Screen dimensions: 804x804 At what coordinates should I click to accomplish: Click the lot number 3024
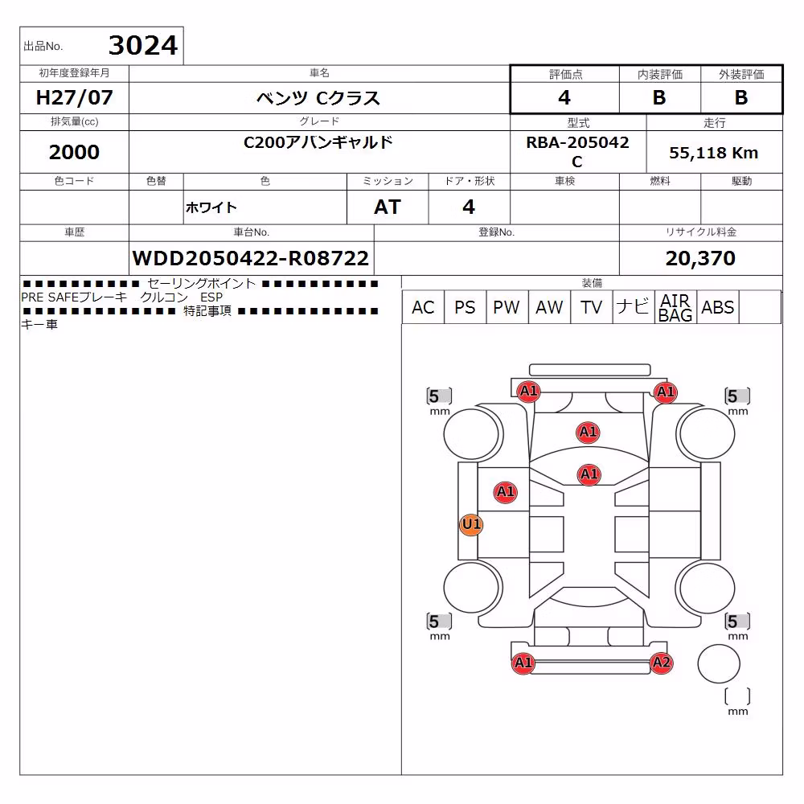[x=143, y=45]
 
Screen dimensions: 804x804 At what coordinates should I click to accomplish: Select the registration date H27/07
[x=74, y=97]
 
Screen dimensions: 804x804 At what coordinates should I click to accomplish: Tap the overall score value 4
[x=564, y=97]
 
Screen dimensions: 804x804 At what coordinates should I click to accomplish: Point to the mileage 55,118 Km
[x=714, y=153]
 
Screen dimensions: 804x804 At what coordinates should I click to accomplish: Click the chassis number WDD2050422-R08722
[x=251, y=258]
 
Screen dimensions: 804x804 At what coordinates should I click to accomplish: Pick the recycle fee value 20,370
[x=700, y=258]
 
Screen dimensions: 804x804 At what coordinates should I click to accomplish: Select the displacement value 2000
[x=74, y=152]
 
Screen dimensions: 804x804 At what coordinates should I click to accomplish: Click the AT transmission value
[x=388, y=207]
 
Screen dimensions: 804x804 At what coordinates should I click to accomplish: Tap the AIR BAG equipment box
[x=675, y=307]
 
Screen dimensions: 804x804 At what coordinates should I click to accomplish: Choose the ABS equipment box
[x=717, y=307]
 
